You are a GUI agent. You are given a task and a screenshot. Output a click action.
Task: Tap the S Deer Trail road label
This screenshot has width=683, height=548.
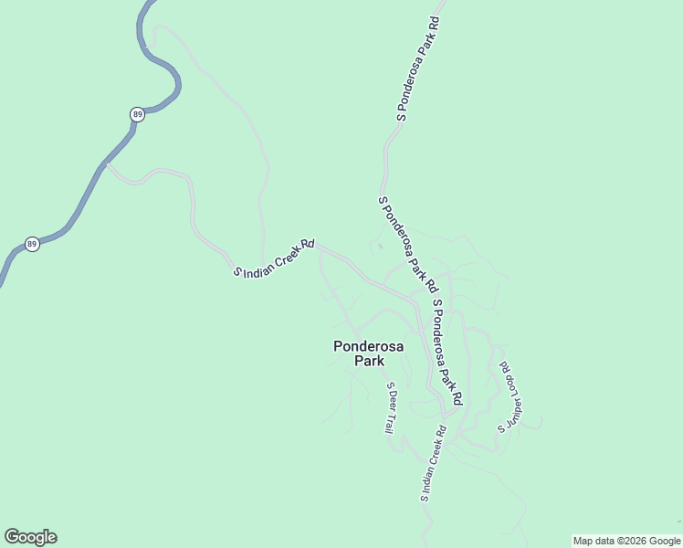tap(391, 407)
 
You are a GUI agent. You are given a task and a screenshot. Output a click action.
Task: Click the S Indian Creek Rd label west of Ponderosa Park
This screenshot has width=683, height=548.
tap(274, 258)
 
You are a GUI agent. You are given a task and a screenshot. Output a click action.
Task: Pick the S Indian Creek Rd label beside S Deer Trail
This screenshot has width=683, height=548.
tap(432, 463)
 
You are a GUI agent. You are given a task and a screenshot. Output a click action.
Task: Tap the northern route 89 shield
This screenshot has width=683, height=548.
tap(137, 114)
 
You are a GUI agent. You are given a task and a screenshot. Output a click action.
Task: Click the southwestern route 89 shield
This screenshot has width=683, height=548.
tap(32, 245)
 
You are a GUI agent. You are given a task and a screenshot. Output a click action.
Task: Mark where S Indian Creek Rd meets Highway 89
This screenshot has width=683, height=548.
tap(106, 164)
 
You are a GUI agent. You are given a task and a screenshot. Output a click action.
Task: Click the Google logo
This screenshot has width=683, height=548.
tap(30, 537)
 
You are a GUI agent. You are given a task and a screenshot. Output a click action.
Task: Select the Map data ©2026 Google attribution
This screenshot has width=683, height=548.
tap(626, 541)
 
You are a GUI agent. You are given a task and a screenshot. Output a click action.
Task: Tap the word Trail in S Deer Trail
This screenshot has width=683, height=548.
tap(390, 421)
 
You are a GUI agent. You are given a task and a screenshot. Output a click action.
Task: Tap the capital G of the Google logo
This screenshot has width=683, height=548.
tap(12, 537)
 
